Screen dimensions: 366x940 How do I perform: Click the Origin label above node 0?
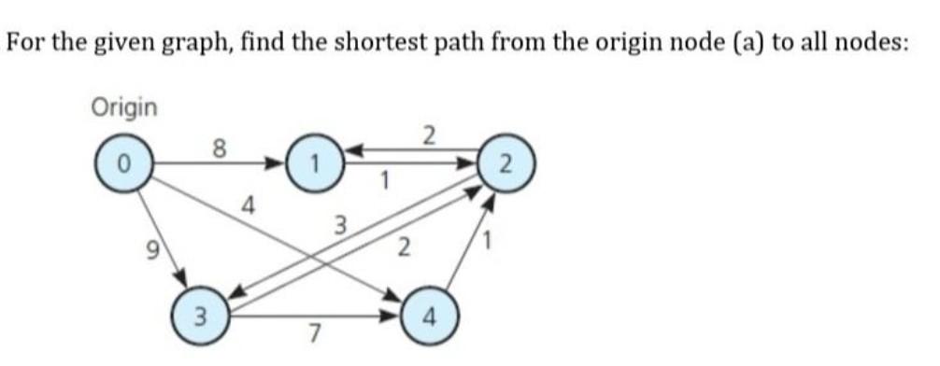124,106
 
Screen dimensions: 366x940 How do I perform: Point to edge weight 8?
220,146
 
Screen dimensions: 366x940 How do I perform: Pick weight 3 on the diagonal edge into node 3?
341,224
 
